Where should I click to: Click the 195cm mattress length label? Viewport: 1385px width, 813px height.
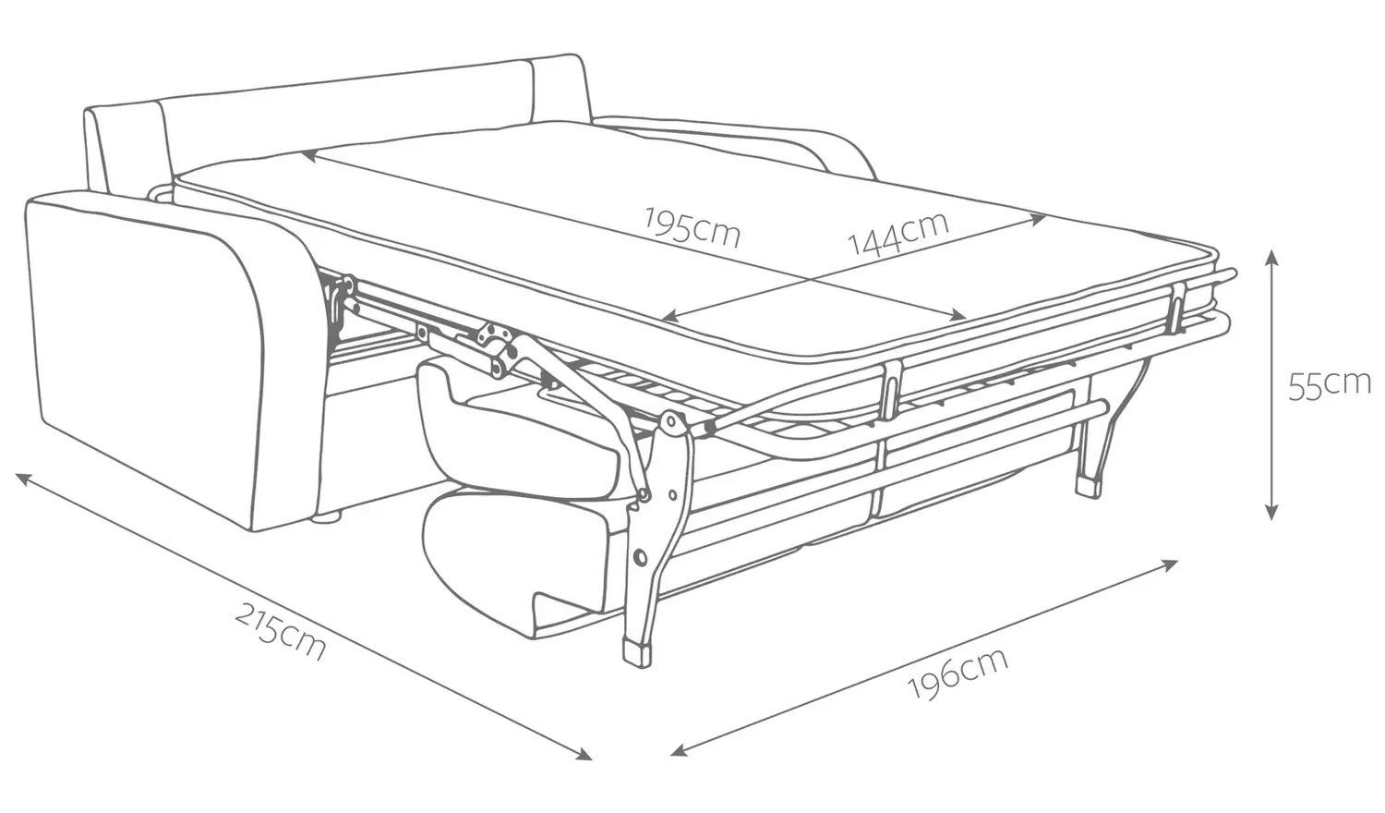point(692,227)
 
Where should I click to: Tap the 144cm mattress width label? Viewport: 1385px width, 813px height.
point(897,233)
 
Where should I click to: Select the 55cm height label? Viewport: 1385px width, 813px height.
point(1330,386)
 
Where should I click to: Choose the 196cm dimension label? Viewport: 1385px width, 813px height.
point(957,673)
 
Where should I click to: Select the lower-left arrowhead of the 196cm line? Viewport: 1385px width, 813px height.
point(679,751)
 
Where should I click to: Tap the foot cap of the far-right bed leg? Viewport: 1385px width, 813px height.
point(1089,486)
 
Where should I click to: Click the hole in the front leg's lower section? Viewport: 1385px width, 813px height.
point(641,557)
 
